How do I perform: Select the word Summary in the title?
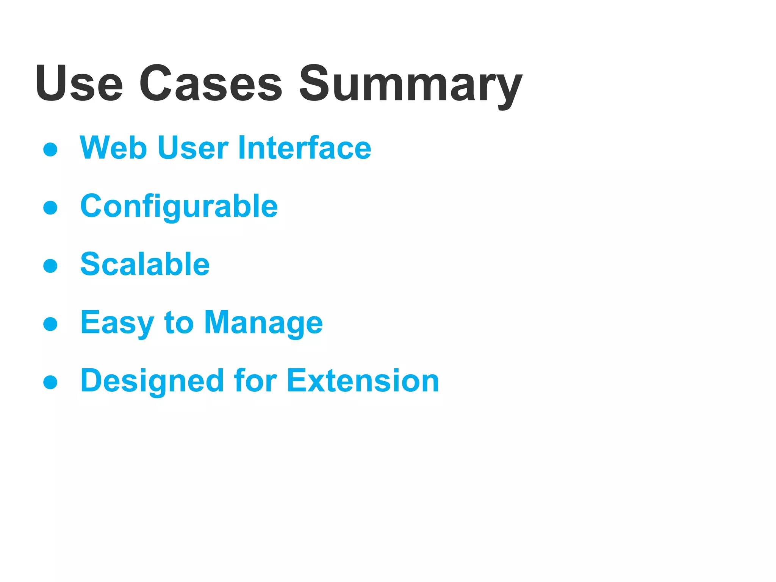[410, 85]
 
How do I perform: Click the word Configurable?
[179, 207]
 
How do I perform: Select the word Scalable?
[145, 264]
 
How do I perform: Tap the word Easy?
[117, 323]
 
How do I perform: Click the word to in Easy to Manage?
[179, 323]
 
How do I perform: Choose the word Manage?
[263, 323]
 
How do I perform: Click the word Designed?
[152, 381]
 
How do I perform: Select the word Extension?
[363, 381]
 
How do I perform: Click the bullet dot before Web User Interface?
[50, 149]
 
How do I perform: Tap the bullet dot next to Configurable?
[50, 208]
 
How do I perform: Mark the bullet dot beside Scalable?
[50, 266]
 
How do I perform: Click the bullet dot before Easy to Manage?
[50, 324]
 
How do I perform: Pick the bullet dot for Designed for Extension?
[50, 382]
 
